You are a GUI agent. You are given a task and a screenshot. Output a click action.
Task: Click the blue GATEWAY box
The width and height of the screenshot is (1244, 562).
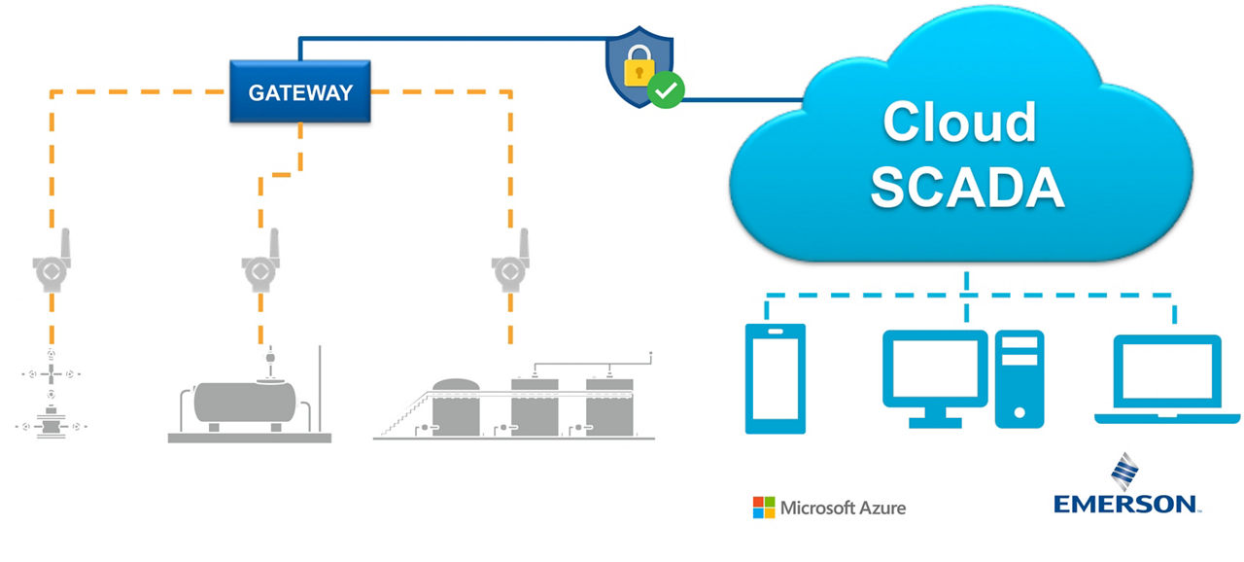click(x=300, y=91)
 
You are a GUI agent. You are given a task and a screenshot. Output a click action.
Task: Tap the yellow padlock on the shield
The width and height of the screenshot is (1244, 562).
click(x=639, y=67)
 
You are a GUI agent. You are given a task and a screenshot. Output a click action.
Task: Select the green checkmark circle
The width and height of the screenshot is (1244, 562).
click(x=666, y=90)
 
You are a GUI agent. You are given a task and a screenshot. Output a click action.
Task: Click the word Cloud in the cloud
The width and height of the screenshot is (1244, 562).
click(x=959, y=123)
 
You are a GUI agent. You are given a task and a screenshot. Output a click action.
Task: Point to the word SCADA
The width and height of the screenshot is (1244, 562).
click(x=967, y=187)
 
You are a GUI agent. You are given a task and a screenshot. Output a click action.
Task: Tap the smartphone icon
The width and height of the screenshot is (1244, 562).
click(x=776, y=378)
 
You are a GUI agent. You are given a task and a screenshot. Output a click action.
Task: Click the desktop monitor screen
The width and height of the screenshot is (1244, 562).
click(x=935, y=369)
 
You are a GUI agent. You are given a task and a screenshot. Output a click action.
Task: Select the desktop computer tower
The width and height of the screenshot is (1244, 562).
click(x=1019, y=379)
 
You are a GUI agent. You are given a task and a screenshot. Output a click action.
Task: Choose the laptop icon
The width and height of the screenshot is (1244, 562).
click(x=1167, y=379)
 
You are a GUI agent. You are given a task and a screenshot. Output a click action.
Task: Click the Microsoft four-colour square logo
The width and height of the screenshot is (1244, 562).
click(x=764, y=508)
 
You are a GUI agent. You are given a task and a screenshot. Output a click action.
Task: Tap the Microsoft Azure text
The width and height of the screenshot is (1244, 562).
click(x=843, y=508)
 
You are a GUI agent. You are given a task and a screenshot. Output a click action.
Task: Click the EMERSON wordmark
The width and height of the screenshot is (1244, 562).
click(x=1125, y=504)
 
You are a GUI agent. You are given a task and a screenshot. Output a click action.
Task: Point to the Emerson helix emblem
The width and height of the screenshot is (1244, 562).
click(x=1124, y=472)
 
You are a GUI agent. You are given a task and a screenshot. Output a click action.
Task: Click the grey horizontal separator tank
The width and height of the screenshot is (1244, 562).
click(x=245, y=403)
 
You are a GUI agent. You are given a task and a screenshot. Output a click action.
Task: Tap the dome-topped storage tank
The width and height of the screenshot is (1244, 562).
click(x=456, y=407)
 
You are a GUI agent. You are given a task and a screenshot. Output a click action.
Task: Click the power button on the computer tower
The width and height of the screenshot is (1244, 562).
click(x=1019, y=412)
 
